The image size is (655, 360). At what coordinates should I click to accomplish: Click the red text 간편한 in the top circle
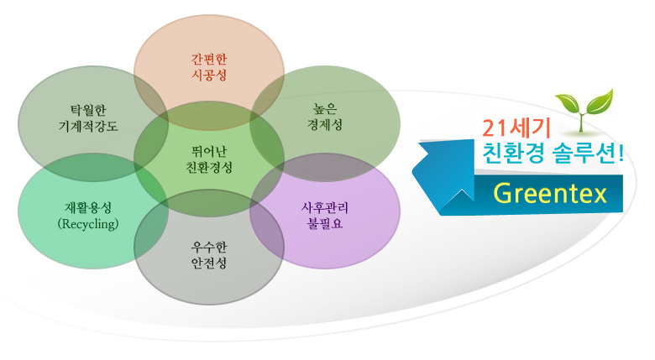[209, 59]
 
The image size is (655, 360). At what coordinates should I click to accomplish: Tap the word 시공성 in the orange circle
[209, 76]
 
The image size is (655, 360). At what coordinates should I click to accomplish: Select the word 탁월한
[88, 110]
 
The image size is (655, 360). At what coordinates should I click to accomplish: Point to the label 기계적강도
[88, 126]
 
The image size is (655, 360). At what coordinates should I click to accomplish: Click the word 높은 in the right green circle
[325, 108]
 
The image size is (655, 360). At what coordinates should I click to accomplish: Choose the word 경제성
[325, 124]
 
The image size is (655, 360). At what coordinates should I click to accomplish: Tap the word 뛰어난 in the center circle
[209, 151]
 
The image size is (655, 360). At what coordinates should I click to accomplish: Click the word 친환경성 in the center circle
[209, 167]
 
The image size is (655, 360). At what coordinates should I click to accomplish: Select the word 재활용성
[88, 207]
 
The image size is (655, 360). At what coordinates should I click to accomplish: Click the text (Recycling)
[88, 224]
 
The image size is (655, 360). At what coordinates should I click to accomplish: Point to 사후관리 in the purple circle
[325, 207]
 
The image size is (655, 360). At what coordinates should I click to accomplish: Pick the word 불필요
[325, 223]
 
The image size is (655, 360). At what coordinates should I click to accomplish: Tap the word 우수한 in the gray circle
[209, 248]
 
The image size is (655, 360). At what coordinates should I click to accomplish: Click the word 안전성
[209, 263]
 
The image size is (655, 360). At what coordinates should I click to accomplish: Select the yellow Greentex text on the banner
[550, 193]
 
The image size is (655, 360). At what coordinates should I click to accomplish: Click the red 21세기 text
[516, 128]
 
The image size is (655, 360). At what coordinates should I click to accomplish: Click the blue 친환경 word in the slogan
[513, 154]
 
